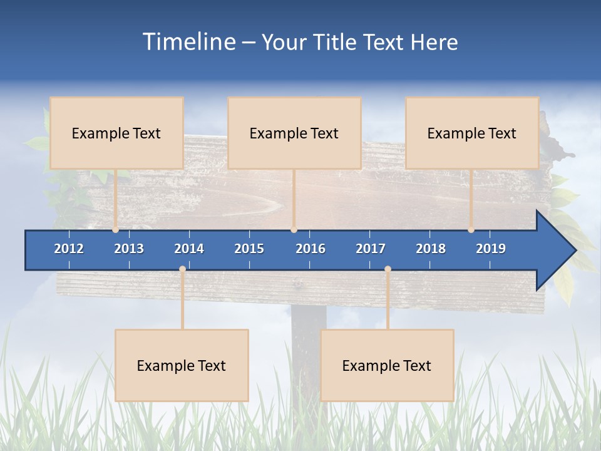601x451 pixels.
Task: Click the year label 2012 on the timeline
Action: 69,249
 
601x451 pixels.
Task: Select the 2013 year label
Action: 129,249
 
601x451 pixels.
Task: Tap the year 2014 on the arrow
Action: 189,249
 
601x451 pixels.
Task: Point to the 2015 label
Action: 249,249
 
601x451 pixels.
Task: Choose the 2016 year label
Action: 311,249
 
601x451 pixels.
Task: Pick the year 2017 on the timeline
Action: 371,249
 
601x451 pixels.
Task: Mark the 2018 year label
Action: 431,249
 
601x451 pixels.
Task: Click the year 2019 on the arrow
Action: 491,249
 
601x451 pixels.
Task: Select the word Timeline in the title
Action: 188,42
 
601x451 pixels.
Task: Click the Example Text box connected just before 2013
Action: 116,133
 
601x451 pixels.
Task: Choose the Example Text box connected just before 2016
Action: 294,133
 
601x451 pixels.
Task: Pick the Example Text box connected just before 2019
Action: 472,133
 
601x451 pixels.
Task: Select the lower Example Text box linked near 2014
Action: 182,365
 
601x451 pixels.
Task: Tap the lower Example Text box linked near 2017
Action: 387,365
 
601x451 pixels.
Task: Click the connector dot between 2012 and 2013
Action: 115,230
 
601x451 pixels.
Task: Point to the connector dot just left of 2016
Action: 294,230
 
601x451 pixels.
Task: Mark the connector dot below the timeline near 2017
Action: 388,269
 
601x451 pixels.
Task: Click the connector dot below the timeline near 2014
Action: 182,269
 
